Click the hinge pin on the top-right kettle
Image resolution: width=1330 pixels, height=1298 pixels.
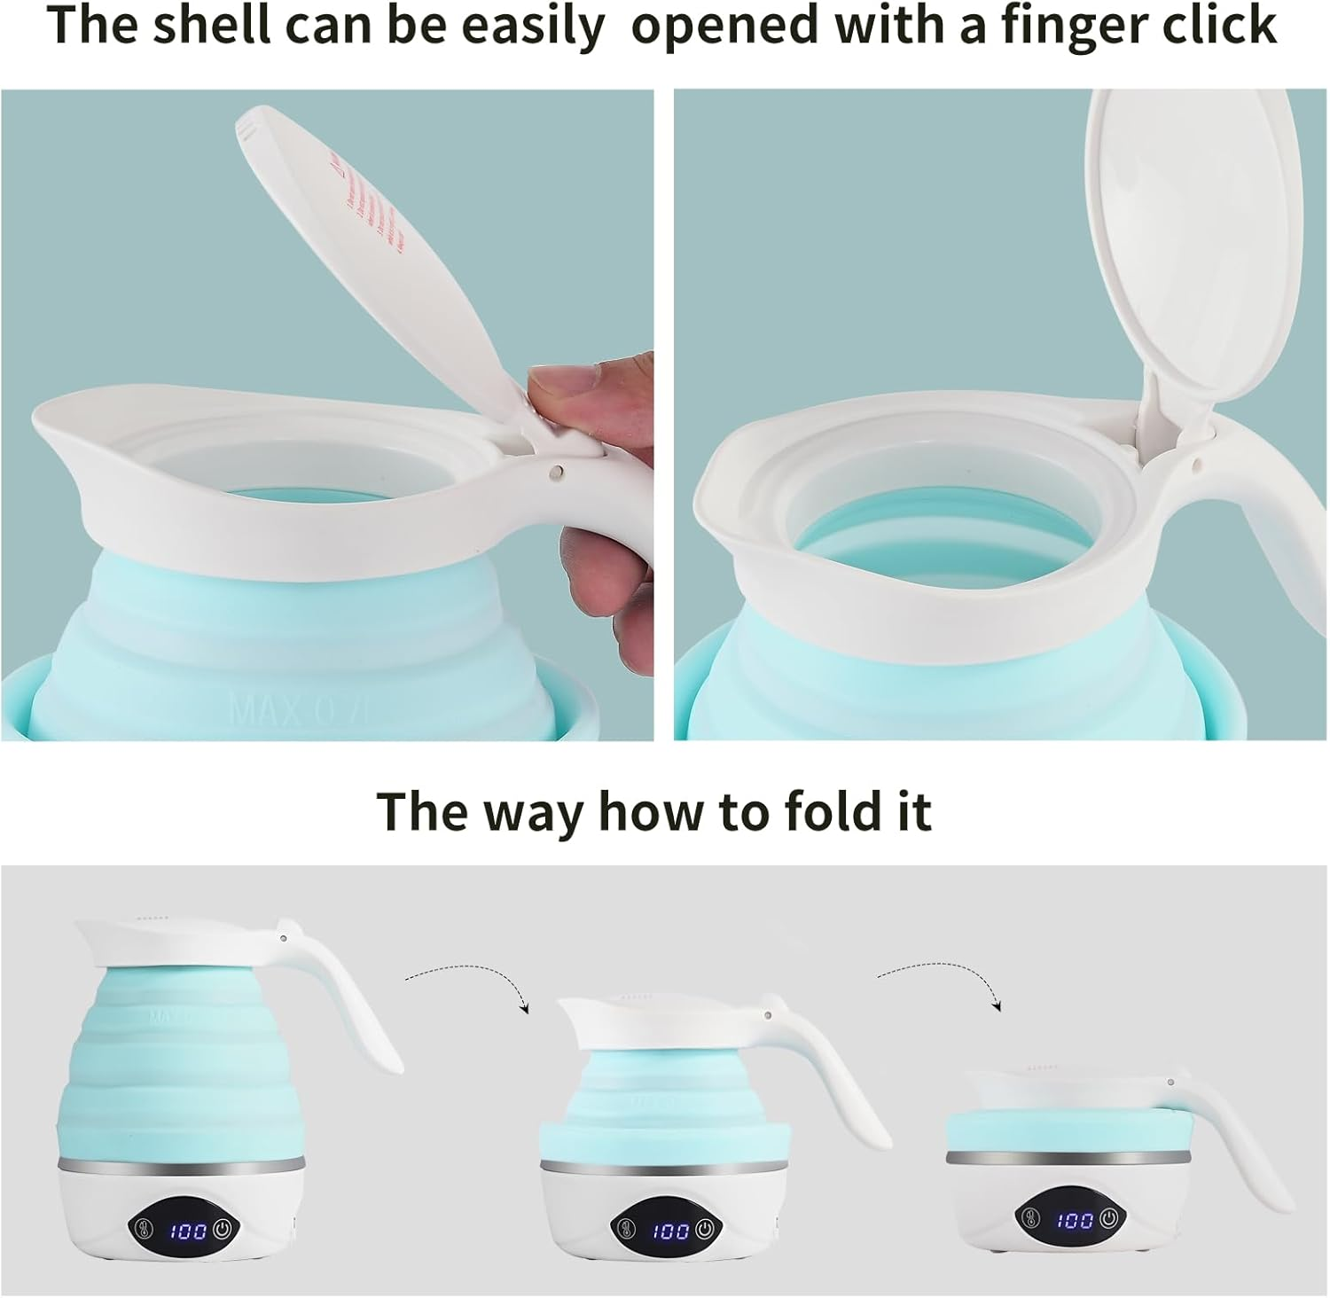coord(1198,462)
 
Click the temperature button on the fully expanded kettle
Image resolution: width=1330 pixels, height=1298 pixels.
coord(145,1230)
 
